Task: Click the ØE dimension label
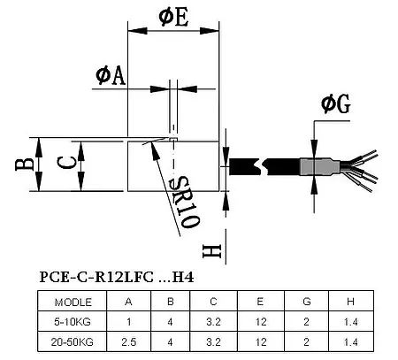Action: pyautogui.click(x=172, y=17)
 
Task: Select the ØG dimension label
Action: pyautogui.click(x=335, y=105)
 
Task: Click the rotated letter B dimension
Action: pyautogui.click(x=27, y=165)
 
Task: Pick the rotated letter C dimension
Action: pyautogui.click(x=65, y=165)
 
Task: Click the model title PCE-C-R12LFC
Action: pyautogui.click(x=97, y=276)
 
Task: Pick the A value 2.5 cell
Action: pyautogui.click(x=129, y=341)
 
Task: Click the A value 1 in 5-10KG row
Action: pyautogui.click(x=129, y=320)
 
